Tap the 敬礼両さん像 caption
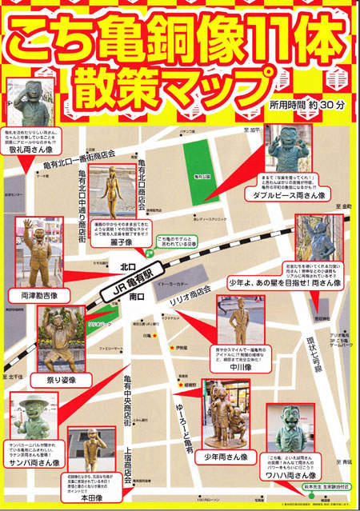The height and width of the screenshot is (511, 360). [x=34, y=149]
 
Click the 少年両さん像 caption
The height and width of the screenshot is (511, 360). [x=226, y=457]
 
